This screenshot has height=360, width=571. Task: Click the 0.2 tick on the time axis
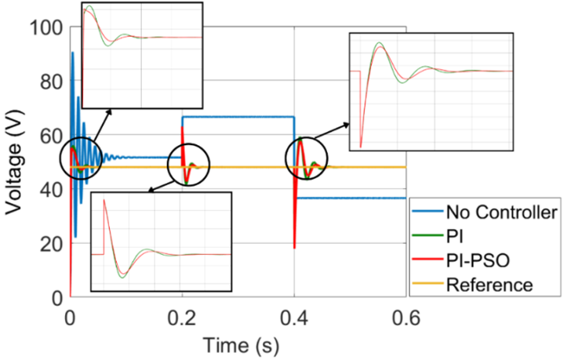(182, 318)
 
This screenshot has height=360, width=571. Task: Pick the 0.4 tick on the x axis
(294, 318)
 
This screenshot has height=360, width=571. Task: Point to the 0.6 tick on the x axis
(406, 318)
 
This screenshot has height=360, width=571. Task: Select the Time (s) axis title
(237, 344)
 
